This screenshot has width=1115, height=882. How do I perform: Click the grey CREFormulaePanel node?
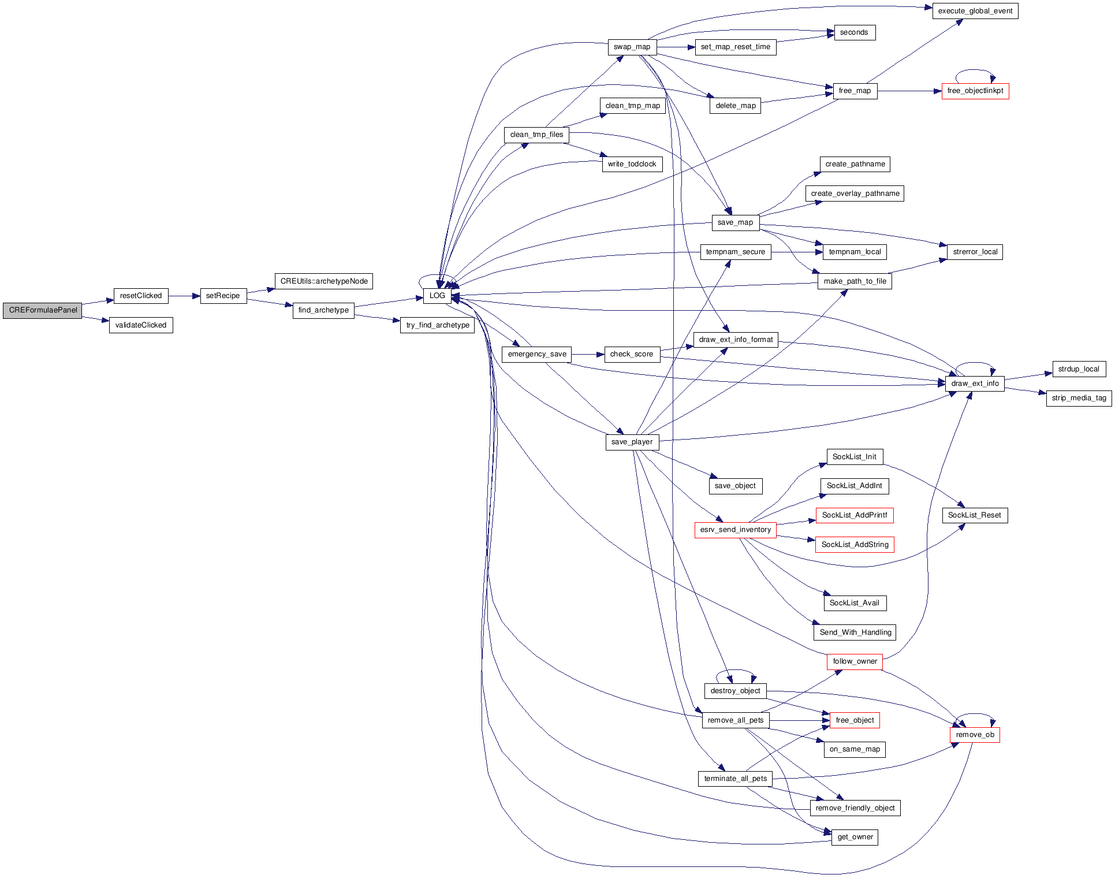point(43,310)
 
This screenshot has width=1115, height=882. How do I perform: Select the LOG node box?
point(437,296)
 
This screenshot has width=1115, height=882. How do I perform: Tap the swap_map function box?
point(632,47)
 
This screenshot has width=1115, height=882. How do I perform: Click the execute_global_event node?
point(975,11)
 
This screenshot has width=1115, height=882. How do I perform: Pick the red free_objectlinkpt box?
point(975,91)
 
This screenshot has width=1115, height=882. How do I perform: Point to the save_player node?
point(632,442)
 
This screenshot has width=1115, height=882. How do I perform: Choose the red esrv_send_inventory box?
point(735,530)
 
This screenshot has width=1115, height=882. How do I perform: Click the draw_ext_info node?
point(975,384)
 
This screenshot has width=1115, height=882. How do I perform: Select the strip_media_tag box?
point(1079,398)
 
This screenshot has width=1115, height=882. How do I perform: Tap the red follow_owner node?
point(855,661)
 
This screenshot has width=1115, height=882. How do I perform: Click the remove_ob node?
point(975,735)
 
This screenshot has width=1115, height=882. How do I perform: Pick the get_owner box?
point(855,837)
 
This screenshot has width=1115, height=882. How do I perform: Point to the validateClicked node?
point(141,325)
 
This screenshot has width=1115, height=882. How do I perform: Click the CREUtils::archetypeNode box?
point(324,281)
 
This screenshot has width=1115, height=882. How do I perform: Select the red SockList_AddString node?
point(855,545)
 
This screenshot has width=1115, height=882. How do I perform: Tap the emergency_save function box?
point(537,354)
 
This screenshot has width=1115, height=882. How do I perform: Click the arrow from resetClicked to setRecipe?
point(184,296)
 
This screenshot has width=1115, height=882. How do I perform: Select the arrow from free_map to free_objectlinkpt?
point(909,91)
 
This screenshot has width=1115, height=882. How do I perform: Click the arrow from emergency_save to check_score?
point(588,354)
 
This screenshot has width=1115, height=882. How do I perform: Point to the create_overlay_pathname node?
point(855,193)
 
